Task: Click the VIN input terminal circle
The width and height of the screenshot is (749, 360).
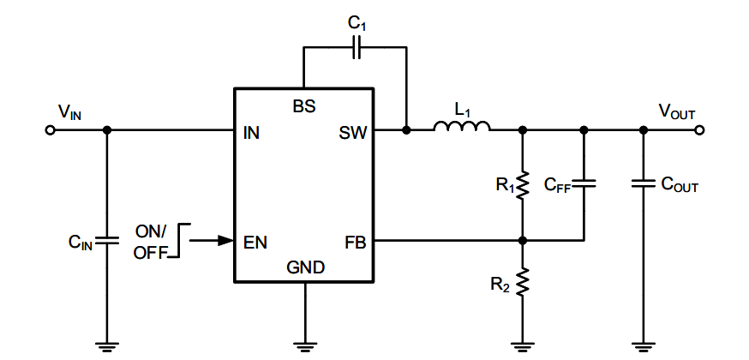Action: point(50,130)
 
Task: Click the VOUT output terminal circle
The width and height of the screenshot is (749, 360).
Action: point(700,130)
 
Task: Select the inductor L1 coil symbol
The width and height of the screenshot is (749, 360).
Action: point(462,128)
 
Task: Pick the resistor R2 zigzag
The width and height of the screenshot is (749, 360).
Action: point(523,281)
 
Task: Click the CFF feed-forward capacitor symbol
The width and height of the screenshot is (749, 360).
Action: point(584,183)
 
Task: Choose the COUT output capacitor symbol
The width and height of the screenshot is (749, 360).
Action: point(643,183)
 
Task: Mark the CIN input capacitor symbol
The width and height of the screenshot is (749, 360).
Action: point(106,241)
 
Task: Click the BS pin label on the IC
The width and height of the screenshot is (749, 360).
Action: point(304,107)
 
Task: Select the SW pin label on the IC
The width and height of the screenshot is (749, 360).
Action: point(352,134)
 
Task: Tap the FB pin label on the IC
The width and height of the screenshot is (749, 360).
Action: point(355,242)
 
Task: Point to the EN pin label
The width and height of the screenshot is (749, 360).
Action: point(255,242)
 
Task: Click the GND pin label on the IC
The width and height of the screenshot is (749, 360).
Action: point(305,267)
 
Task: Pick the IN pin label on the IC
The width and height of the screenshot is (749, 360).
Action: point(252,134)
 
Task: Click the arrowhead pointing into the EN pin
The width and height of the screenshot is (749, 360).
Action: point(225,241)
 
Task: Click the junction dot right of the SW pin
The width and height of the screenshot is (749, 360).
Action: point(406,130)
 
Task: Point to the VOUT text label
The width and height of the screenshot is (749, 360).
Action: point(676,111)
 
